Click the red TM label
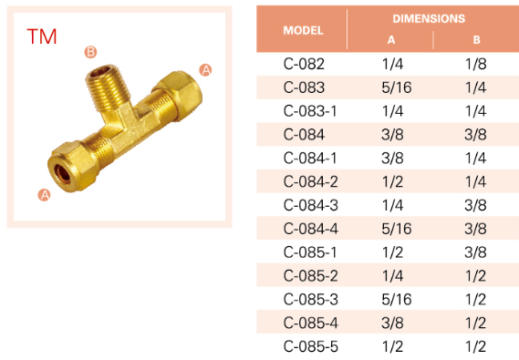click(42, 36)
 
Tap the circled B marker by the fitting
click(90, 52)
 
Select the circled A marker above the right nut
click(205, 70)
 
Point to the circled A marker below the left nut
click(44, 195)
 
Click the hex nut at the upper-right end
click(181, 93)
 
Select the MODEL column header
click(303, 30)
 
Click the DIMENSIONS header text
click(429, 18)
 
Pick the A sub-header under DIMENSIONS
click(391, 40)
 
